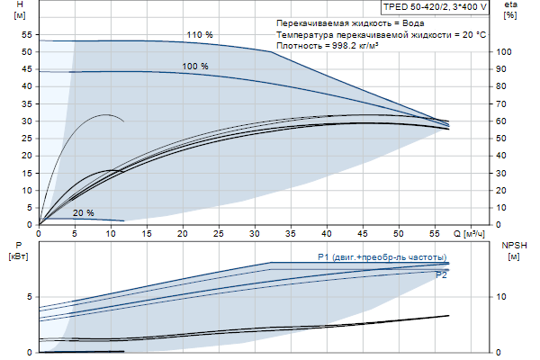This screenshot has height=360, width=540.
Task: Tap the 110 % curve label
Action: click(200, 35)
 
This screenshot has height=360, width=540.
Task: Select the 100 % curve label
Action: click(194, 67)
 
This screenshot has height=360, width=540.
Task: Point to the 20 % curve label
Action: click(83, 213)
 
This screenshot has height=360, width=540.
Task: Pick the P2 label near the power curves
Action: click(441, 275)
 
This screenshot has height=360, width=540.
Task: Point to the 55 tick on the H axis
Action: click(26, 34)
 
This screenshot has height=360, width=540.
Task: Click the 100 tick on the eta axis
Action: click(505, 52)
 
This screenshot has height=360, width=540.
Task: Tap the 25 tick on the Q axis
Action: click(220, 233)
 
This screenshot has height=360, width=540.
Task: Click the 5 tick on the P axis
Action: click(30, 296)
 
